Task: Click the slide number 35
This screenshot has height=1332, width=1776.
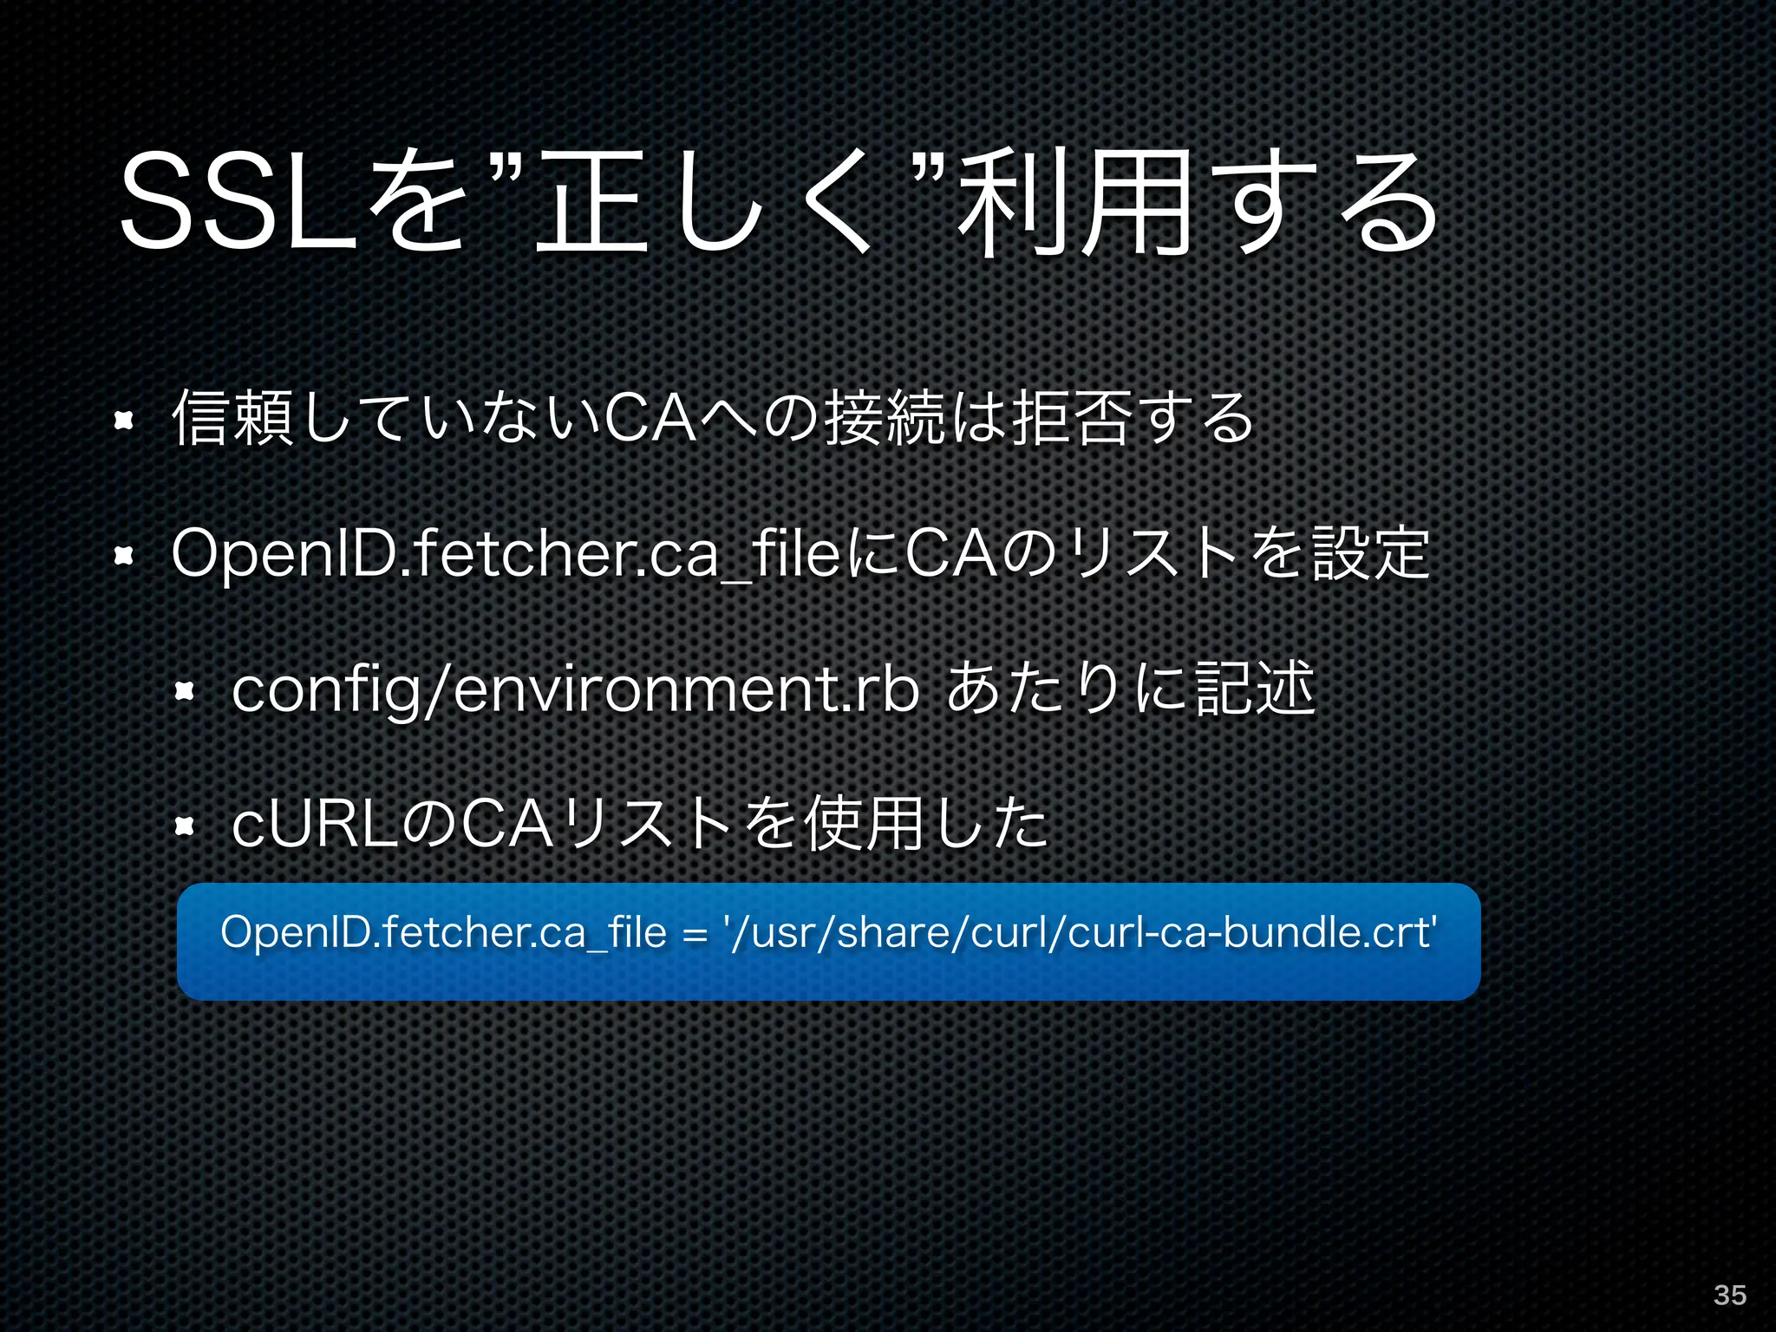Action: (1729, 1295)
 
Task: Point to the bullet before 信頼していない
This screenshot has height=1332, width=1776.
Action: (124, 421)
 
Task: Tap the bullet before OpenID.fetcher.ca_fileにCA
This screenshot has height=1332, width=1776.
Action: (124, 556)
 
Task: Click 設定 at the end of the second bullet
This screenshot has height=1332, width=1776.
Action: (1370, 554)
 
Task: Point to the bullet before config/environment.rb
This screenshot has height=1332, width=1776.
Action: (184, 691)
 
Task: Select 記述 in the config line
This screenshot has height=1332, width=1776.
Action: (1255, 689)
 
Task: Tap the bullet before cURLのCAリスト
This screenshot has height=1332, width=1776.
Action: (184, 826)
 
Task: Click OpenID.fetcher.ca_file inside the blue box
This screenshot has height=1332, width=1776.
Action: (443, 933)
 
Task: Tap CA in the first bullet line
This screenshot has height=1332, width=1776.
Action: (650, 419)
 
